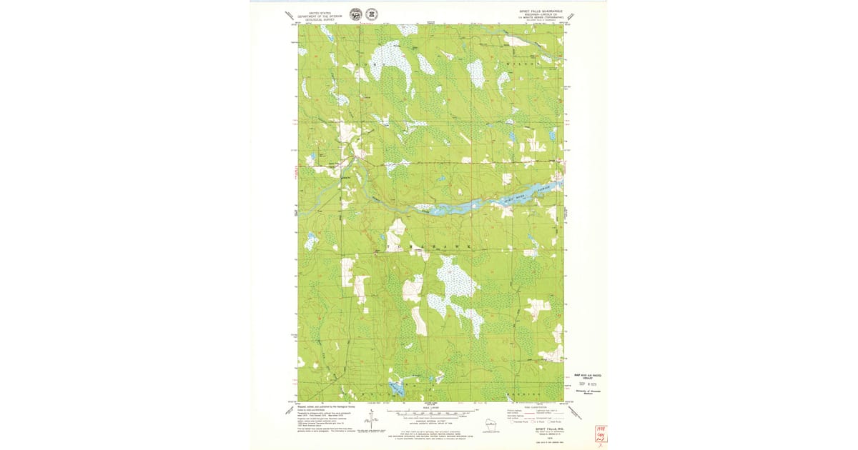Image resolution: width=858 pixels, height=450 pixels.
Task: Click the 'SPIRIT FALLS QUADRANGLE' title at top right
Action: [x=541, y=11]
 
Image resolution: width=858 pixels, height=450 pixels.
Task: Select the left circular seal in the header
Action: [x=355, y=14]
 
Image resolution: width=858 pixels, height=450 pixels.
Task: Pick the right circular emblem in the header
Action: [x=371, y=14]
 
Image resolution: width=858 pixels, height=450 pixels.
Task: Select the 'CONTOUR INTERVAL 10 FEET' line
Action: [x=430, y=419]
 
